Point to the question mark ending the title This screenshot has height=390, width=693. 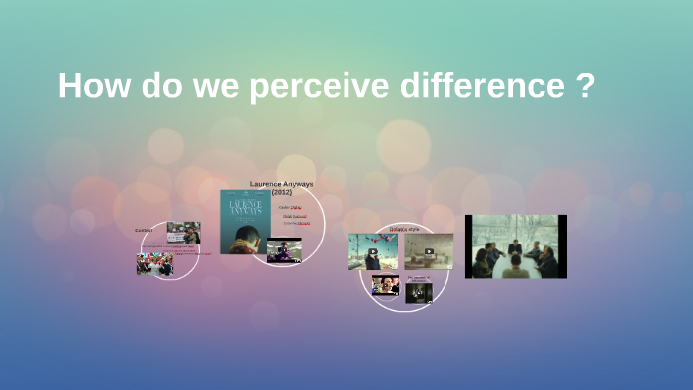[584, 86]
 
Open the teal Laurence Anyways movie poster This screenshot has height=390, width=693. [245, 222]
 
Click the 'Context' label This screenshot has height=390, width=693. [145, 230]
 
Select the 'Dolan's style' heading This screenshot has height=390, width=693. [405, 227]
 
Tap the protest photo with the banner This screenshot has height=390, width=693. [183, 233]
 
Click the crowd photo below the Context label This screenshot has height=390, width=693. [154, 264]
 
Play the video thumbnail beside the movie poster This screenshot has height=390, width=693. [284, 251]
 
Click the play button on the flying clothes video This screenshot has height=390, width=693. [373, 252]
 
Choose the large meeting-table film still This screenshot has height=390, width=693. [516, 246]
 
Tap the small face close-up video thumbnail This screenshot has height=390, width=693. [385, 285]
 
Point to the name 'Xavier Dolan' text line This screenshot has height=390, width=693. [290, 207]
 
